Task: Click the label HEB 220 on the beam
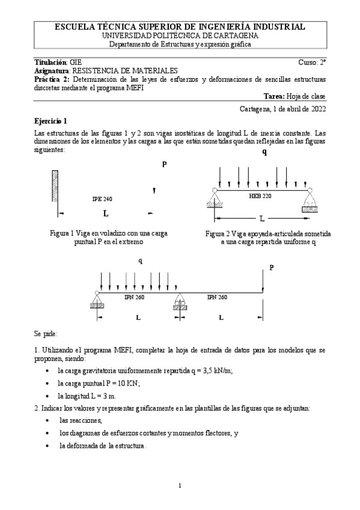click(260, 196)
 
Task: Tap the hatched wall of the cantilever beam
click(55, 191)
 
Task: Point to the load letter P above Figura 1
click(163, 164)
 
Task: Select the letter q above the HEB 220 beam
click(264, 152)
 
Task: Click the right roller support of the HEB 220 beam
click(310, 198)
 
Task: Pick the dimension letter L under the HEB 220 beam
click(261, 217)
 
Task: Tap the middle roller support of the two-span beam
click(179, 301)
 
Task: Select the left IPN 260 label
click(134, 296)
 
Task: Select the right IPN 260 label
click(217, 296)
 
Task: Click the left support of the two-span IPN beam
click(97, 299)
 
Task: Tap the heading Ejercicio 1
click(51, 120)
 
